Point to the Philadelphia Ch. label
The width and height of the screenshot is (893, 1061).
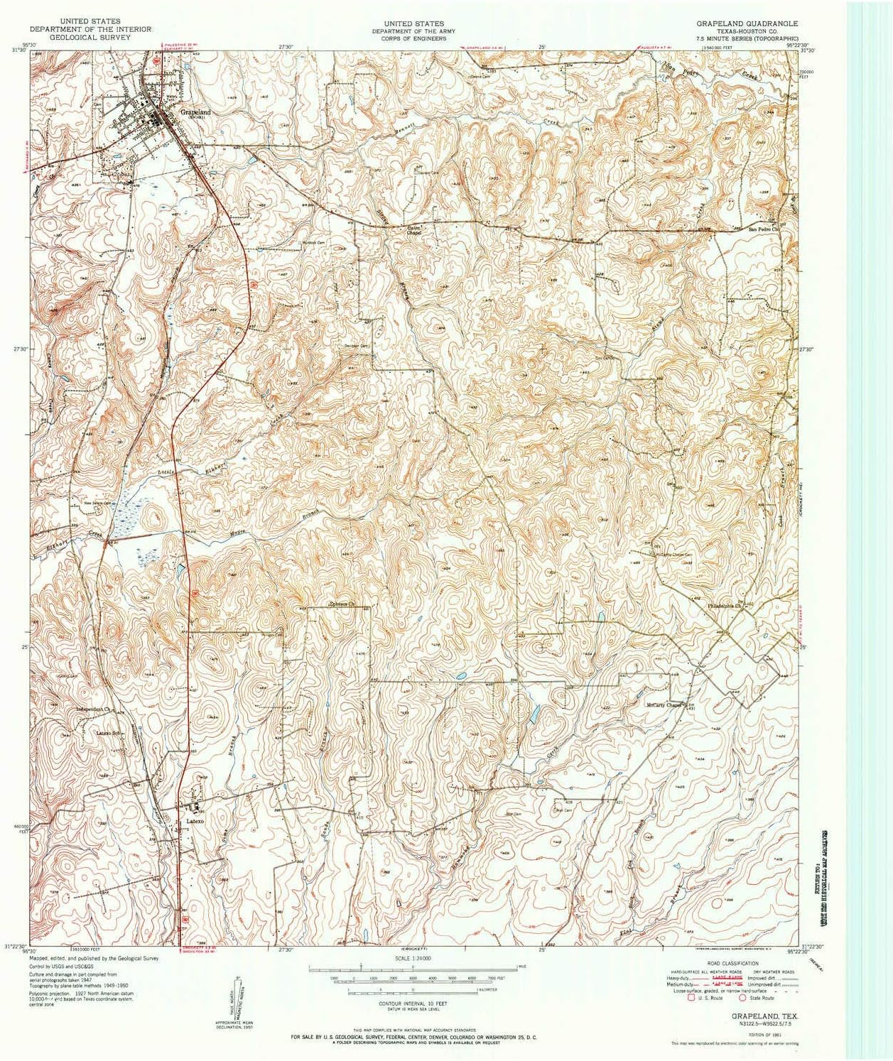pos(724,606)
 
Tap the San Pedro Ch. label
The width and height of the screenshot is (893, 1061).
pos(764,229)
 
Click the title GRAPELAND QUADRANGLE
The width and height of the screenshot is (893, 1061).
pos(747,23)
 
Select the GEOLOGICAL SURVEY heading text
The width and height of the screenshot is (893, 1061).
pos(90,37)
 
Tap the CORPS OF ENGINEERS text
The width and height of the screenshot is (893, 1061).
pos(409,38)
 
